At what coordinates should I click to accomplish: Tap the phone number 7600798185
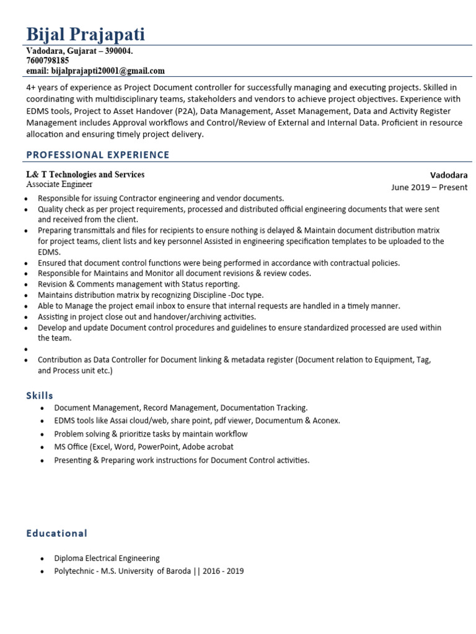pyautogui.click(x=48, y=61)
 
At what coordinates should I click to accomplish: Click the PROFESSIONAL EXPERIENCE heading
pyautogui.click(x=97, y=155)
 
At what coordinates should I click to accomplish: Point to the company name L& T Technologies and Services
pyautogui.click(x=85, y=175)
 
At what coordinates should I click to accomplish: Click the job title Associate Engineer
pyautogui.click(x=59, y=185)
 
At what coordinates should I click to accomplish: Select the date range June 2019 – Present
pyautogui.click(x=430, y=187)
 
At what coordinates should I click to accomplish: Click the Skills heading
pyautogui.click(x=40, y=396)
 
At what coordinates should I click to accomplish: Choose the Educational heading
pyautogui.click(x=56, y=533)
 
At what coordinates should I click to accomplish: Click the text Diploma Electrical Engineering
pyautogui.click(x=107, y=558)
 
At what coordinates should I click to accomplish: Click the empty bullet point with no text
pyautogui.click(x=26, y=349)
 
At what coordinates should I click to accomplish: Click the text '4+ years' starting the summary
pyautogui.click(x=43, y=87)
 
